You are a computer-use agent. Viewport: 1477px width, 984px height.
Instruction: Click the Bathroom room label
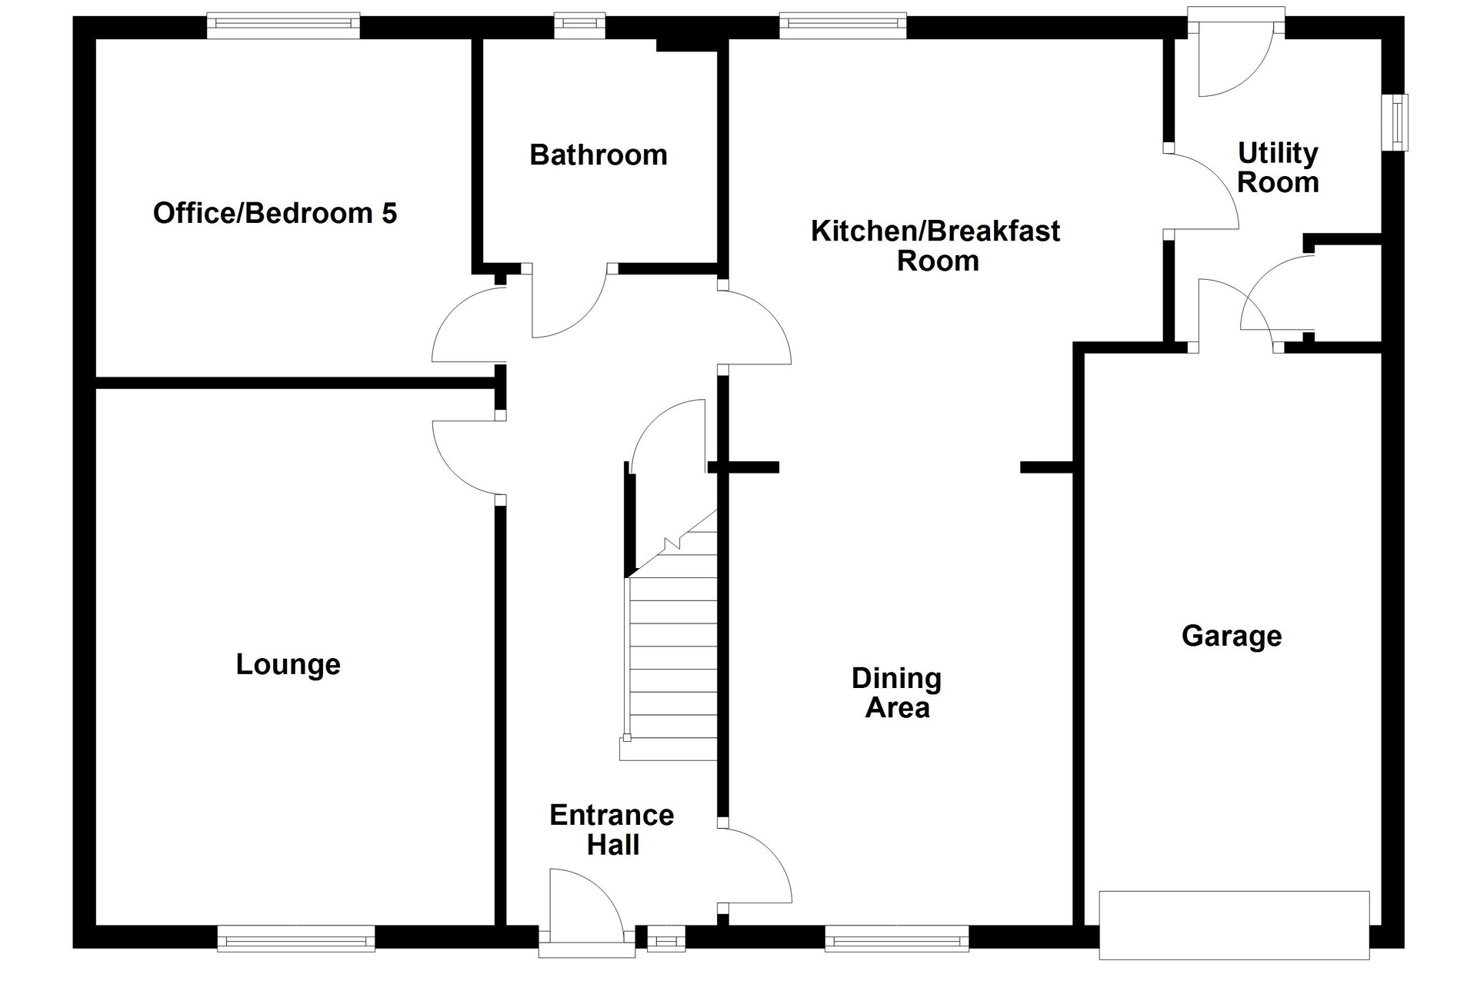[598, 155]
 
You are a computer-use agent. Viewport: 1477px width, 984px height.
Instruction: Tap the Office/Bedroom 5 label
[275, 213]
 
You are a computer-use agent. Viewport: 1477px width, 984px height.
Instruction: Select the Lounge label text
[288, 665]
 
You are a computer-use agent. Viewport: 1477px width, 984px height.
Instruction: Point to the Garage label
[1232, 637]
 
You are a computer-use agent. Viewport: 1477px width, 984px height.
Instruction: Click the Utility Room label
[1278, 168]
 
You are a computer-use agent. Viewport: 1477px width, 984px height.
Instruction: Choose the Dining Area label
[897, 693]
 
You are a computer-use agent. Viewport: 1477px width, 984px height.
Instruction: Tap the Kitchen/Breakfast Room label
[936, 245]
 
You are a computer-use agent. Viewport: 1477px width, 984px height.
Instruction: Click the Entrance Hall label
[612, 829]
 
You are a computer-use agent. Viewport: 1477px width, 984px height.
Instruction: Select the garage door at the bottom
[1235, 925]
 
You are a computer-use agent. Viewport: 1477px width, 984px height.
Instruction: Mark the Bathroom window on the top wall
[581, 25]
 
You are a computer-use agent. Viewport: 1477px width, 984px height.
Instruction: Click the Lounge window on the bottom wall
[296, 939]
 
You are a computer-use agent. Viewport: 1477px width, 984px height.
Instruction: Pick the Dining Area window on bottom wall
[897, 939]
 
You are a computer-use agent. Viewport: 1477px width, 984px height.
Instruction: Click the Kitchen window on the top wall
[843, 25]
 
